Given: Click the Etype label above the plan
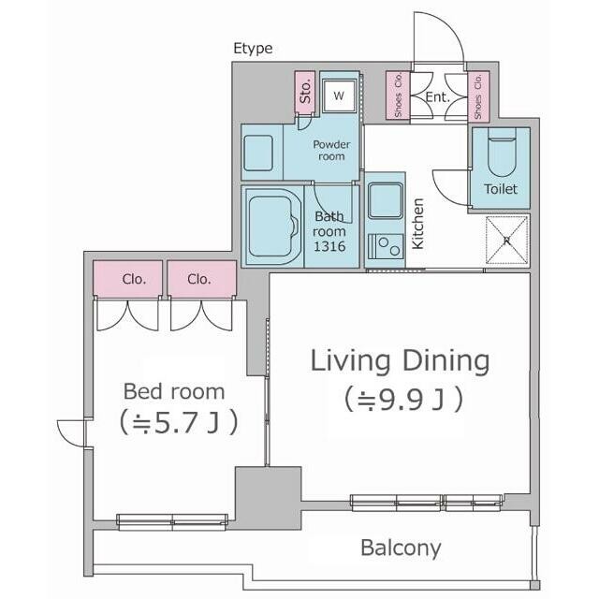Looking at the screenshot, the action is point(253,49).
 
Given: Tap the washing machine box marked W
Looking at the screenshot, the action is point(339,95).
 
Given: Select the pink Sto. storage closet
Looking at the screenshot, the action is point(305,92).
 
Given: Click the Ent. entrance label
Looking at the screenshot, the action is point(438,97).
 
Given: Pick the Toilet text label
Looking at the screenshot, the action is point(501,189).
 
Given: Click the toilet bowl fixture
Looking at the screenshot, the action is point(502,152).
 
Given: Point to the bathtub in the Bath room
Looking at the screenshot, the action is point(272,226).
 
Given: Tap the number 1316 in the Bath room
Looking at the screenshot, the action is point(329,246).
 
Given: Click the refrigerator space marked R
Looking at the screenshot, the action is point(507,240).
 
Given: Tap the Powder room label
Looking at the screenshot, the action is point(331,150).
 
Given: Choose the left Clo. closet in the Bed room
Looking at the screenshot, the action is point(127,278).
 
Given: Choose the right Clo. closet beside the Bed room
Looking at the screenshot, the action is point(202,278).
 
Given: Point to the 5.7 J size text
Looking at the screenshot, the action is point(179,422).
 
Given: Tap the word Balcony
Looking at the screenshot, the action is point(401,548).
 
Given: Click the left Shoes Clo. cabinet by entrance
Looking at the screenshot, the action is point(398,95).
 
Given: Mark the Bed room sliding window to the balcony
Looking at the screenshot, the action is point(172,522).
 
